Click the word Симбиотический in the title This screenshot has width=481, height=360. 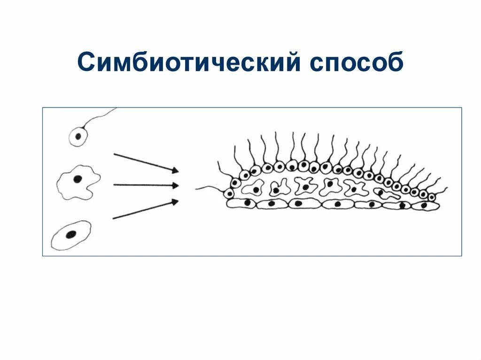pos(188,62)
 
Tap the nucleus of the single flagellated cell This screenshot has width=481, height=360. pos(78,137)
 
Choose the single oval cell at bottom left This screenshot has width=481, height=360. pos(71,235)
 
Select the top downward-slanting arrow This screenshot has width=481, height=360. pos(146,162)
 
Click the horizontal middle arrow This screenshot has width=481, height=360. pos(146,185)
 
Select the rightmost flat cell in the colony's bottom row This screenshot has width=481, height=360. pos(425,205)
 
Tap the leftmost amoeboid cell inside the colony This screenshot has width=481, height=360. pos(254,188)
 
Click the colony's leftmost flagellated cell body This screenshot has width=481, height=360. pos(229,193)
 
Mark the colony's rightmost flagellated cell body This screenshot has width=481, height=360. pos(432,197)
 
